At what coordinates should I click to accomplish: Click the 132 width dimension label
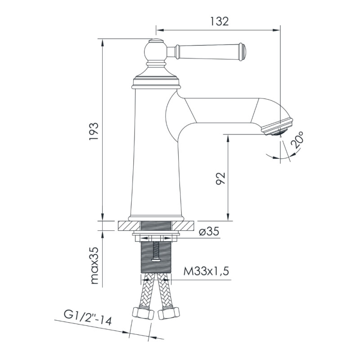point(219,21)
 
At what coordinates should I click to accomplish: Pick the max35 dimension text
point(94,265)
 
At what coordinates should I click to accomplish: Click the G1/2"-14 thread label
point(87,317)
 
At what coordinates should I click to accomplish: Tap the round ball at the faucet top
point(156,50)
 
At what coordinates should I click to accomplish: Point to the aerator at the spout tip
point(279,127)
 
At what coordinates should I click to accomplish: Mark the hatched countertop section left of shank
point(129,225)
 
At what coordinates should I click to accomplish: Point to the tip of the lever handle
point(243,51)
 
